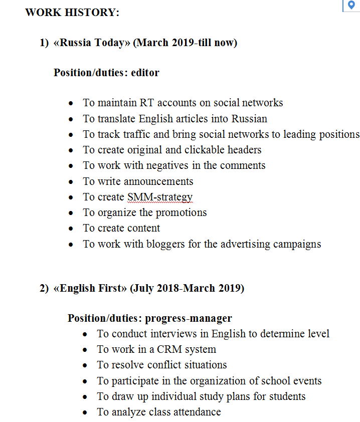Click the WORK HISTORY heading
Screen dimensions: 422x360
[72, 13]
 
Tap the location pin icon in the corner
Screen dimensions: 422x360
[351, 5]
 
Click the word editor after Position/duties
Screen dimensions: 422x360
[145, 73]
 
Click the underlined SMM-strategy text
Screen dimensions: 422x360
[160, 197]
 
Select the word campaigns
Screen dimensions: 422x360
[297, 244]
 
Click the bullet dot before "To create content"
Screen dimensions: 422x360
[72, 229]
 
